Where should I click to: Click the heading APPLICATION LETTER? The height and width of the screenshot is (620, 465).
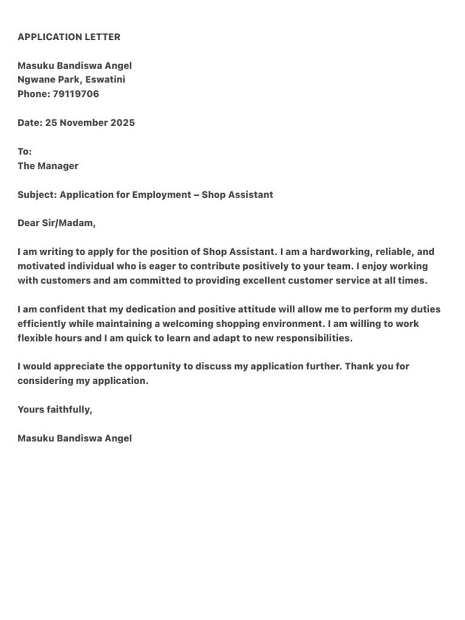point(69,37)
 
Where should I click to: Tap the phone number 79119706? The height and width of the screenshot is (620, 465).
point(76,94)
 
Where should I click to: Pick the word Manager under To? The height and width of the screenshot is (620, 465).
point(58,165)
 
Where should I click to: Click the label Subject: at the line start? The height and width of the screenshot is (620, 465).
point(37,194)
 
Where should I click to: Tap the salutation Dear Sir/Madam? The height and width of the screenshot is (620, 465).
point(56,223)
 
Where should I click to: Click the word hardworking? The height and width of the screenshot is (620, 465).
point(332,251)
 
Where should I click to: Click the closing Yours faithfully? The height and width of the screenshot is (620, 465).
point(55,409)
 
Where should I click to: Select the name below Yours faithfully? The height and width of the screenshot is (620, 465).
point(74,438)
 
